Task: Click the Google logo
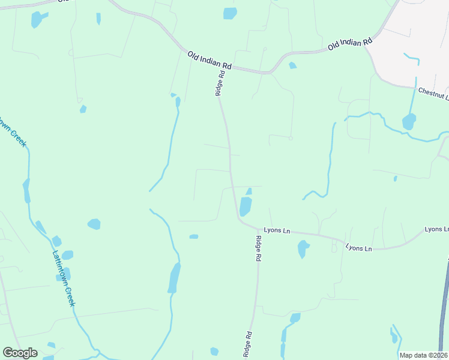[x=20, y=353]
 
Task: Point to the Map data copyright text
[x=424, y=355]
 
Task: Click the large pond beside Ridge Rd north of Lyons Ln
[x=246, y=206]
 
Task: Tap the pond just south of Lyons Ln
[x=303, y=248]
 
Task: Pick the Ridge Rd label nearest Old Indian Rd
[x=220, y=83]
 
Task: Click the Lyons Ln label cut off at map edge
[x=436, y=229]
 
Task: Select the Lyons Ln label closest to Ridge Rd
[x=277, y=230]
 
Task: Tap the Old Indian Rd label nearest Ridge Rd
[x=209, y=59]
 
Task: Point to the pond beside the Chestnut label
[x=409, y=122]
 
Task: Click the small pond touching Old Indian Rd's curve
[x=292, y=65]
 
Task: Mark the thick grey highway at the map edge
[x=444, y=300]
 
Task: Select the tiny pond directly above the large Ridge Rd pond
[x=249, y=191]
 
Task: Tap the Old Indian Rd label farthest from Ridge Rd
[x=350, y=44]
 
